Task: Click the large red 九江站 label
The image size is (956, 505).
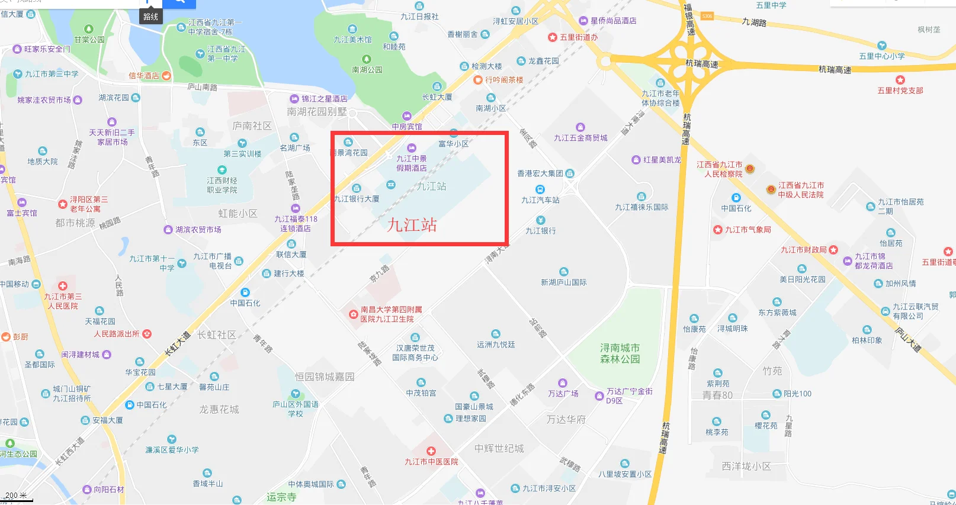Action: pos(412,225)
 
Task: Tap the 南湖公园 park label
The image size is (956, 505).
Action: pos(367,69)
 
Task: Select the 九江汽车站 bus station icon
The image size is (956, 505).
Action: pos(540,189)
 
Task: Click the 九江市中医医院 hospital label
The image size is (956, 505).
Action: pos(431,462)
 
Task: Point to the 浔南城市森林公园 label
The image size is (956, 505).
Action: pos(620,353)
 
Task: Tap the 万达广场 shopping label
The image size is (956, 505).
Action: pos(563,393)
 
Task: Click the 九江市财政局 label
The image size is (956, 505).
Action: pos(803,250)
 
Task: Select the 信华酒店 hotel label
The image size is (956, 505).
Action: pos(144,76)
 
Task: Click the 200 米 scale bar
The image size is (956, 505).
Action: pos(16,496)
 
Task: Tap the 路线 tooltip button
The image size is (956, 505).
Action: pos(151,17)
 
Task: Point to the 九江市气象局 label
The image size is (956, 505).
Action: pos(748,230)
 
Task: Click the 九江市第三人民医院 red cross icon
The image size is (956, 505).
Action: pos(63,285)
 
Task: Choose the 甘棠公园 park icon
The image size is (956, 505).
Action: pos(89,29)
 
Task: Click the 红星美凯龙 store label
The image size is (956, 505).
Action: pos(662,160)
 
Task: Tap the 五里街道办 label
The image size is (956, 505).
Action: pos(579,37)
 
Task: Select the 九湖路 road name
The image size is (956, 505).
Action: pos(754,22)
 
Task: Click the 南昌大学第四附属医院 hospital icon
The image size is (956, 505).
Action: pos(353,314)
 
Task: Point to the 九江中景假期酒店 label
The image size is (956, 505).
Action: pos(411,163)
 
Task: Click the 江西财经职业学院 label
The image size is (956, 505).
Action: pos(222,185)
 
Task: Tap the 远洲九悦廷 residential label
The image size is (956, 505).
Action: pos(496,344)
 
